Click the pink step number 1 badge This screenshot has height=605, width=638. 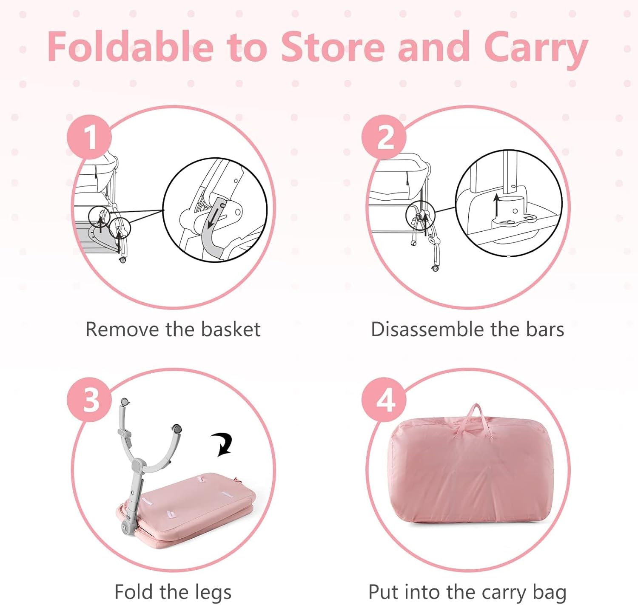coord(89,137)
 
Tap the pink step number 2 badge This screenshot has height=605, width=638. coord(384,137)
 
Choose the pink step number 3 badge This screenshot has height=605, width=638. coord(89,399)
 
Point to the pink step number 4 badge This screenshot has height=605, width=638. coord(384,399)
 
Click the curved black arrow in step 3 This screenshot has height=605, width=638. coord(222,444)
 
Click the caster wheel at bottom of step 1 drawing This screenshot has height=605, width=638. coord(122,260)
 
